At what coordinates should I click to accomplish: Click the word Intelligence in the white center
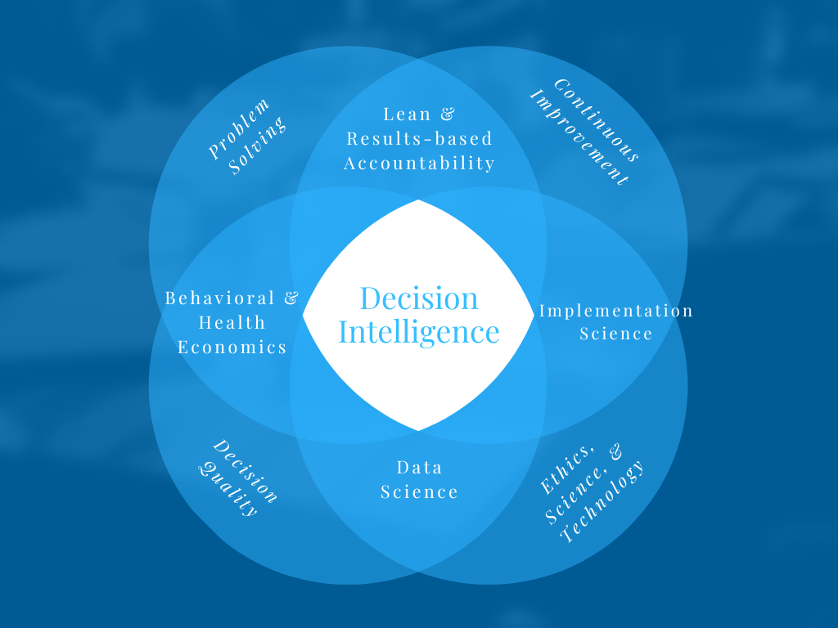(418, 332)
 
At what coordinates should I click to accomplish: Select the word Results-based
(419, 138)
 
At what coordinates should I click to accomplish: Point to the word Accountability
(419, 163)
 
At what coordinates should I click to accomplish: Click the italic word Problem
(238, 128)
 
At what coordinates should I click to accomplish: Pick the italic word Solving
(258, 146)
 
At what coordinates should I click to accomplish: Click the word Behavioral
(220, 298)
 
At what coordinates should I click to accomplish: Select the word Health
(232, 323)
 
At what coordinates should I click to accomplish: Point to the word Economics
(232, 348)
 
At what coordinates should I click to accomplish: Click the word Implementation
(615, 311)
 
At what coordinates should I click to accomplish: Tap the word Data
(419, 468)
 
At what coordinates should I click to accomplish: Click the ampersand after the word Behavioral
(291, 298)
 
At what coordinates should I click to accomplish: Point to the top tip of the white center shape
(418, 201)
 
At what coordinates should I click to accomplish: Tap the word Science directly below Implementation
(615, 334)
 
